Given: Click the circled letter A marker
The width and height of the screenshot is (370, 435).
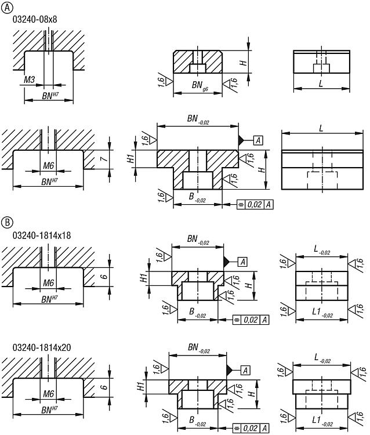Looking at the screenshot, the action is [x=7, y=8].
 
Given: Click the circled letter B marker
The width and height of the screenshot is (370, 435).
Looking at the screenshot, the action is [x=7, y=222].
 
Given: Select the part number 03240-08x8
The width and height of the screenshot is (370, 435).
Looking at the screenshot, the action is [x=35, y=19].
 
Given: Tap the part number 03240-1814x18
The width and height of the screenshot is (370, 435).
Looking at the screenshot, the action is [x=42, y=235].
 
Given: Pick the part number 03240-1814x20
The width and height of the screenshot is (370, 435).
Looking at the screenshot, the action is [x=42, y=347].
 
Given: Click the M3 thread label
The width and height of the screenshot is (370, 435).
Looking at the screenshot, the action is [x=30, y=80].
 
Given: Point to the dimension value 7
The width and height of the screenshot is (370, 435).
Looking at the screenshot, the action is [x=104, y=159].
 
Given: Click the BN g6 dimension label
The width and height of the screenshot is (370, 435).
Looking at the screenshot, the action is [x=199, y=85].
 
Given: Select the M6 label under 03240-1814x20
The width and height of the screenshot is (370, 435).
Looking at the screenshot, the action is [x=48, y=394].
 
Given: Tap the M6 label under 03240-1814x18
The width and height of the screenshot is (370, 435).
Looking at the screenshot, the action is [x=48, y=283].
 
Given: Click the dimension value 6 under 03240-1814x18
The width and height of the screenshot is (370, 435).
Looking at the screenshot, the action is [x=104, y=276].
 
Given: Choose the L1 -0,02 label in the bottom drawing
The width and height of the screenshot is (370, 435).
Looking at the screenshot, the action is [x=322, y=420].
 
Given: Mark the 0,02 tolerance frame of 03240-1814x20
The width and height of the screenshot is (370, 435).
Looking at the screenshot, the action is [x=251, y=428].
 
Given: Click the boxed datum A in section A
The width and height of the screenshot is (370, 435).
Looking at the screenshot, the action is [x=258, y=140].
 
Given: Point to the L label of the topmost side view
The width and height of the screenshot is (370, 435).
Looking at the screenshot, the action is [x=321, y=83].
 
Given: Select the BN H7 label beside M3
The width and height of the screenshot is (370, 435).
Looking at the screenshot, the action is [x=50, y=96].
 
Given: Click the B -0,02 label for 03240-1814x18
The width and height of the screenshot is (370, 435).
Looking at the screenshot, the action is [x=197, y=313].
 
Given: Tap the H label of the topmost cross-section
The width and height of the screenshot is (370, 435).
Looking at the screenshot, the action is [x=243, y=62].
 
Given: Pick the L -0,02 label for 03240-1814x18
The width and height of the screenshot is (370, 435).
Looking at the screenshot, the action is [x=322, y=249].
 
